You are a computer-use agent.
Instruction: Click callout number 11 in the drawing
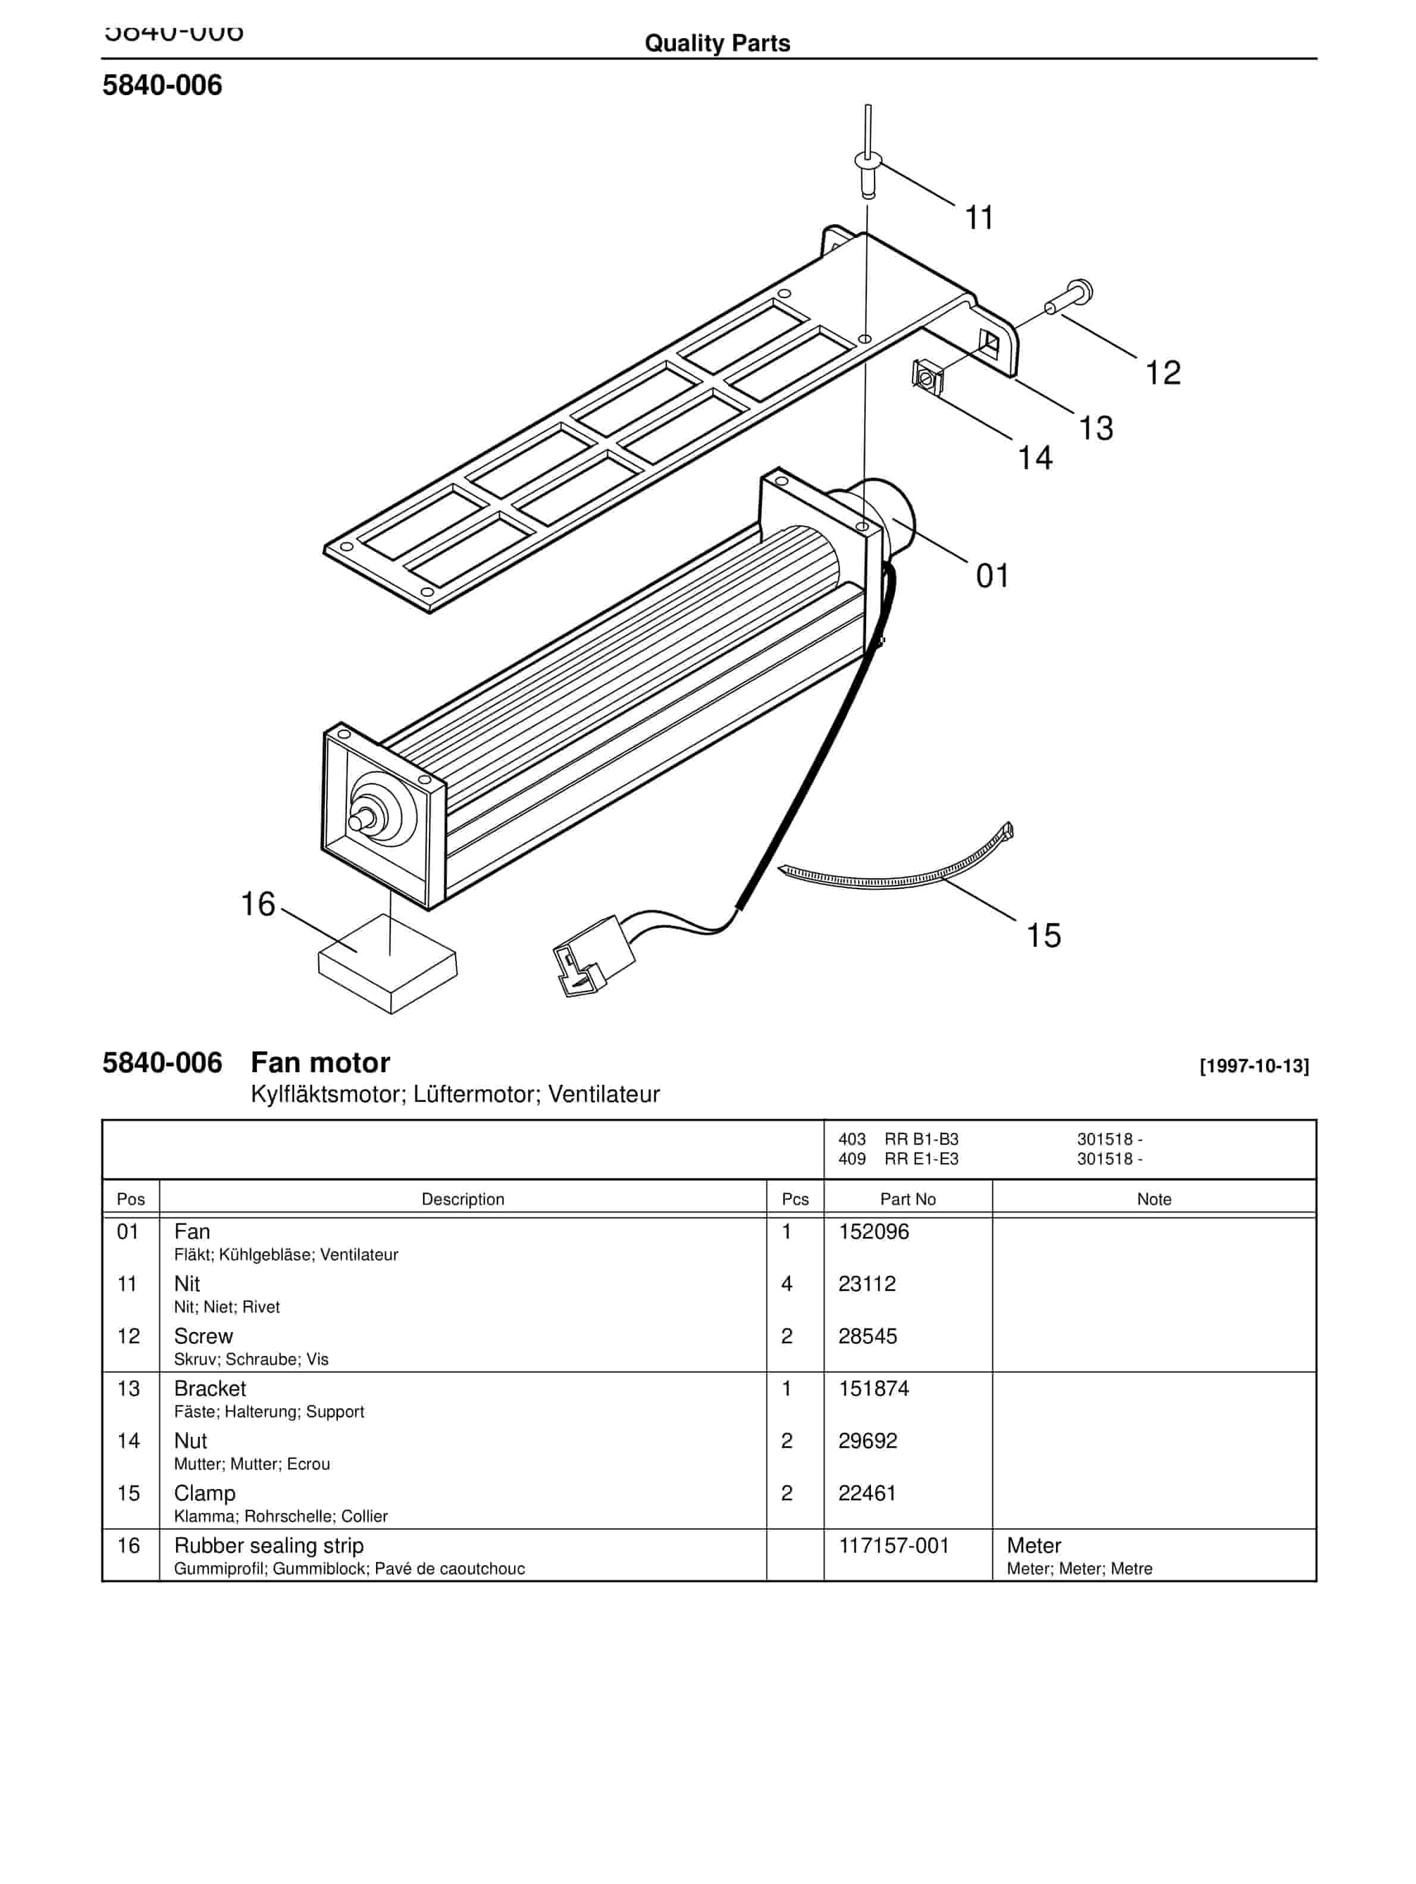(978, 218)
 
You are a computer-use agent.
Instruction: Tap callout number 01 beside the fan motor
(992, 577)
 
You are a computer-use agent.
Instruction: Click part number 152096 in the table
(873, 1232)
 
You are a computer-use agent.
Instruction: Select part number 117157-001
(893, 1546)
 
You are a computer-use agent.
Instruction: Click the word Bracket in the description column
(209, 1389)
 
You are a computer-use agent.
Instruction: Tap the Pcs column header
(794, 1200)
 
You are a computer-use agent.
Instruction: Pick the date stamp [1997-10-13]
(1253, 1066)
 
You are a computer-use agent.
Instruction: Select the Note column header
(1154, 1200)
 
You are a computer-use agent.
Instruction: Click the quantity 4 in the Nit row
(787, 1285)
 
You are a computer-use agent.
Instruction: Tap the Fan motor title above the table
(319, 1063)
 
